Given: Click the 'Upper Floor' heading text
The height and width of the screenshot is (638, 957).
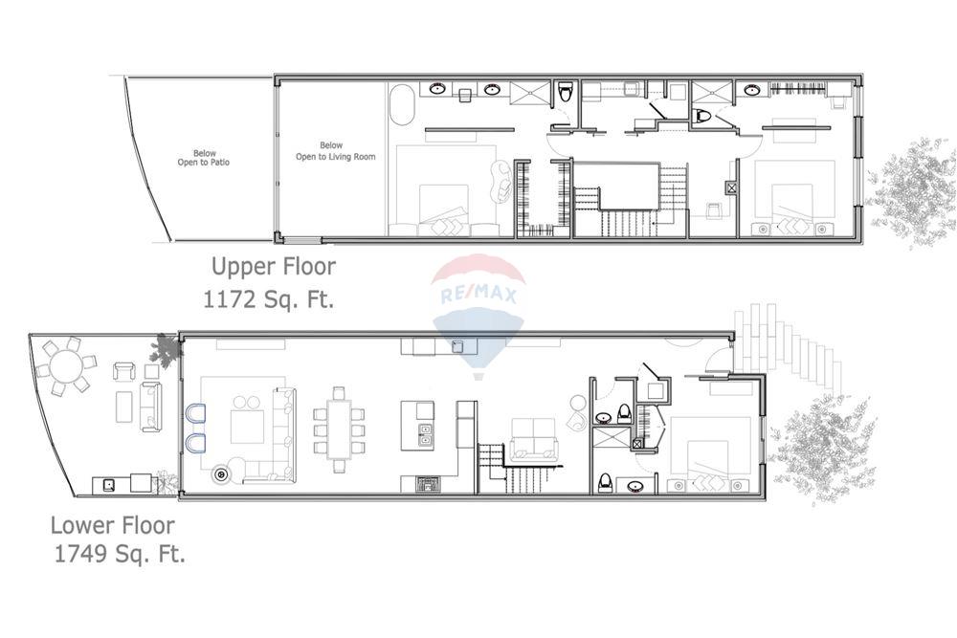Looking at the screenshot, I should [273, 266].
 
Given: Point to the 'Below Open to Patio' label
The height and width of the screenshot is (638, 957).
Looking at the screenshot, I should [204, 158].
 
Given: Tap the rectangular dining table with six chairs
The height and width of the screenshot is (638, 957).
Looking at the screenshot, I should [339, 429].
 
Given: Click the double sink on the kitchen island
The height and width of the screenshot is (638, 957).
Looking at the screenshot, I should [425, 435].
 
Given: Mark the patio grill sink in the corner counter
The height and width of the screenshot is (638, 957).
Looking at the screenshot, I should [109, 485].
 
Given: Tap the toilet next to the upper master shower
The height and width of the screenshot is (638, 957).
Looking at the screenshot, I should [566, 93].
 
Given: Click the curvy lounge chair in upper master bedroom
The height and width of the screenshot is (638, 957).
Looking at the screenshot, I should [501, 179].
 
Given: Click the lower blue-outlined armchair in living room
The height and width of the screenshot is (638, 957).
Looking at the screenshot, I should [195, 443].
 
